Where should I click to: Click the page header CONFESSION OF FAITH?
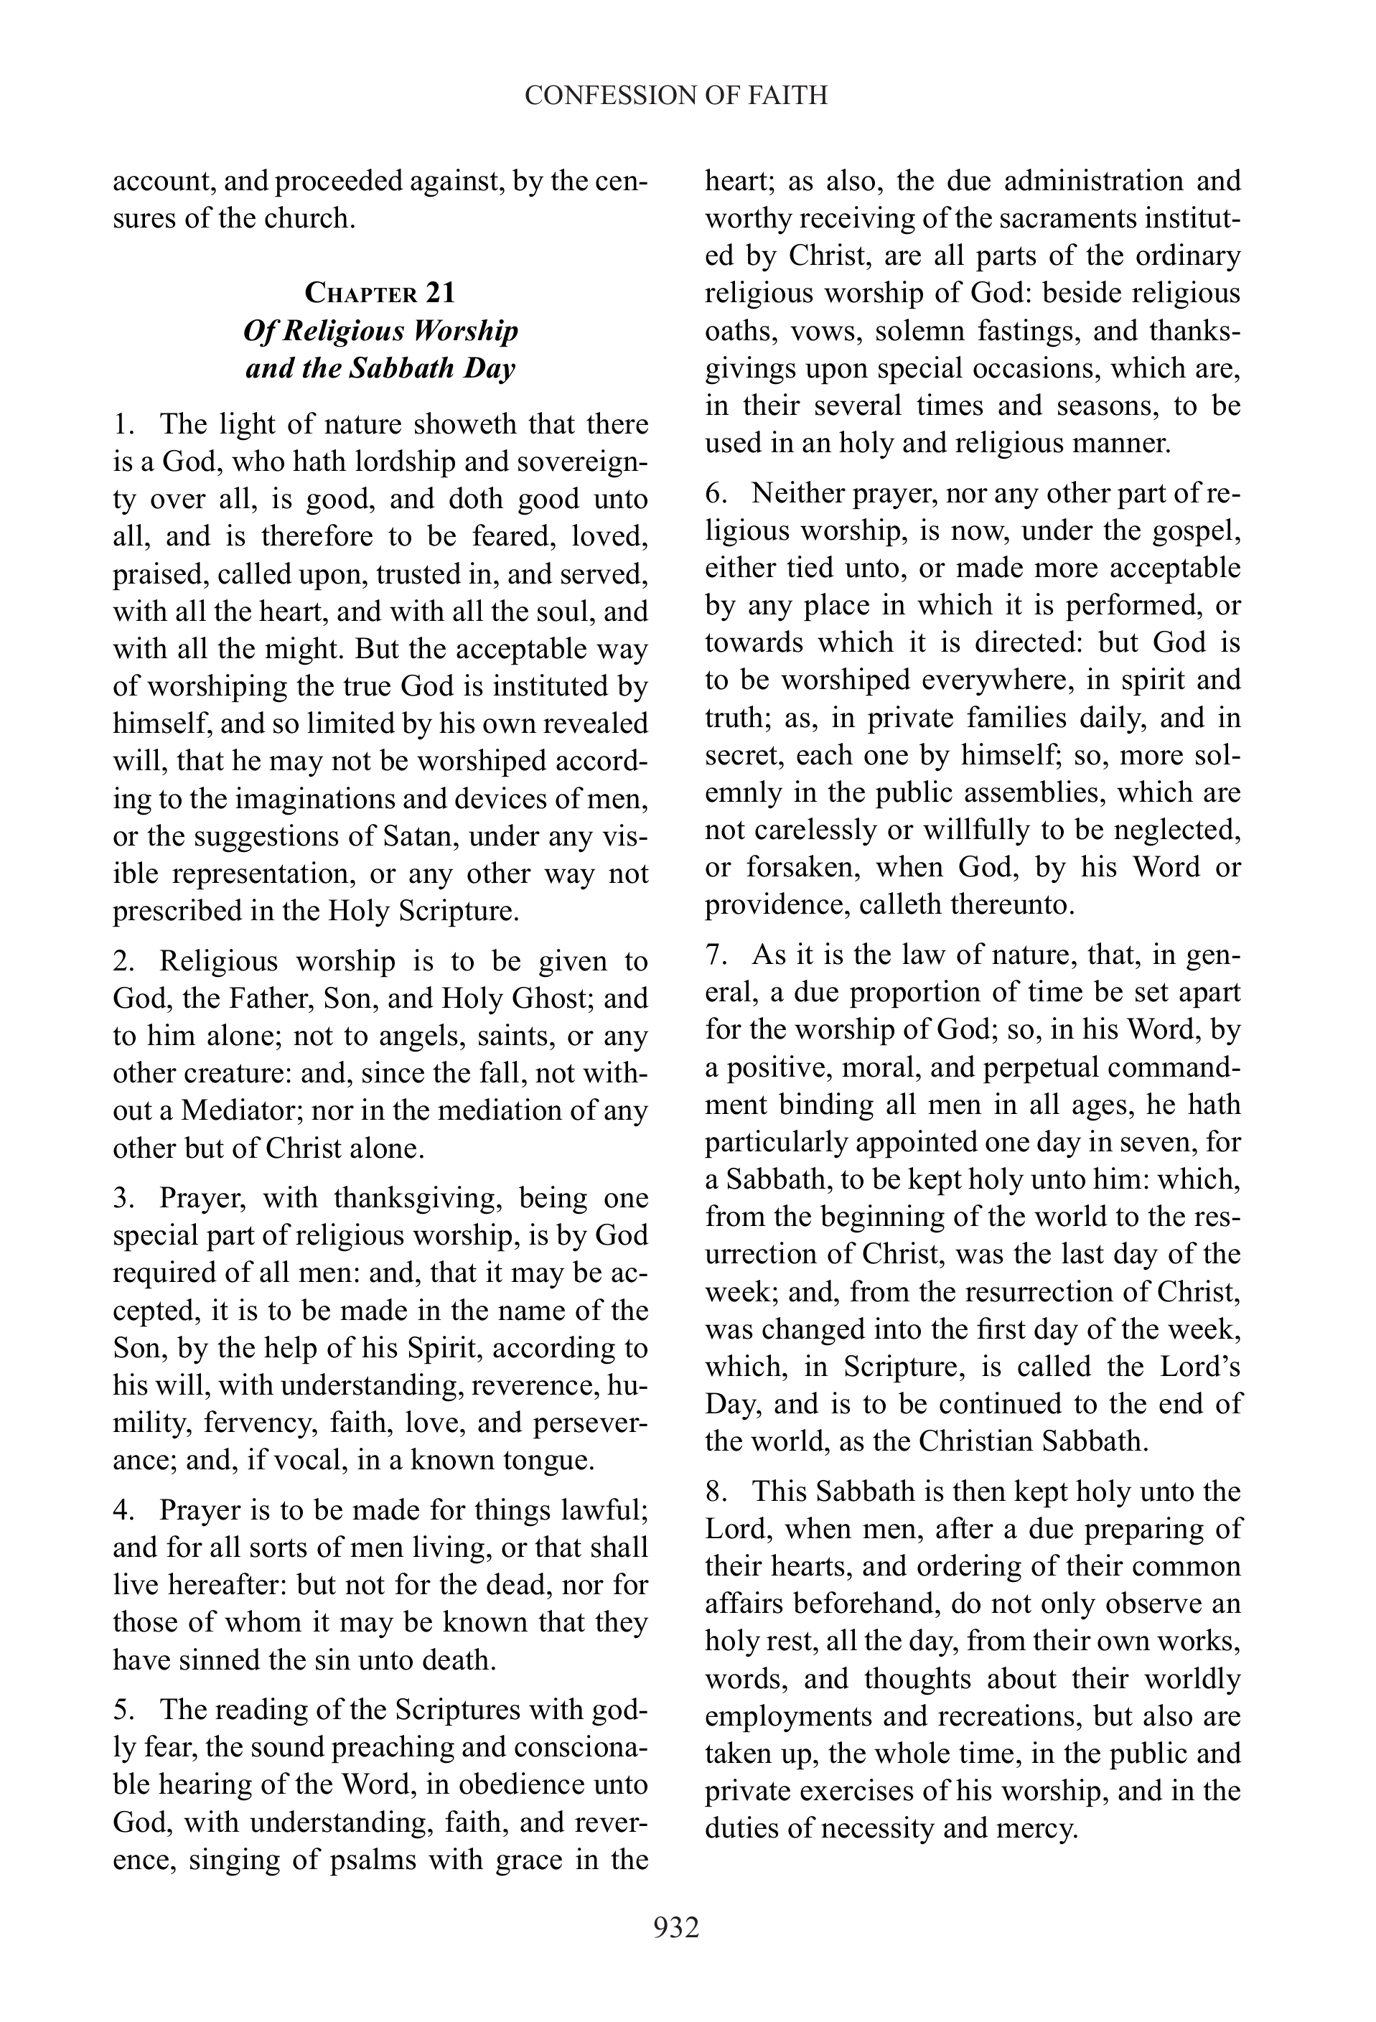676,95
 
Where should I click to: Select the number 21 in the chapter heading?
440,292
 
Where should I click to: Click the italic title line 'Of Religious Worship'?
380,331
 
